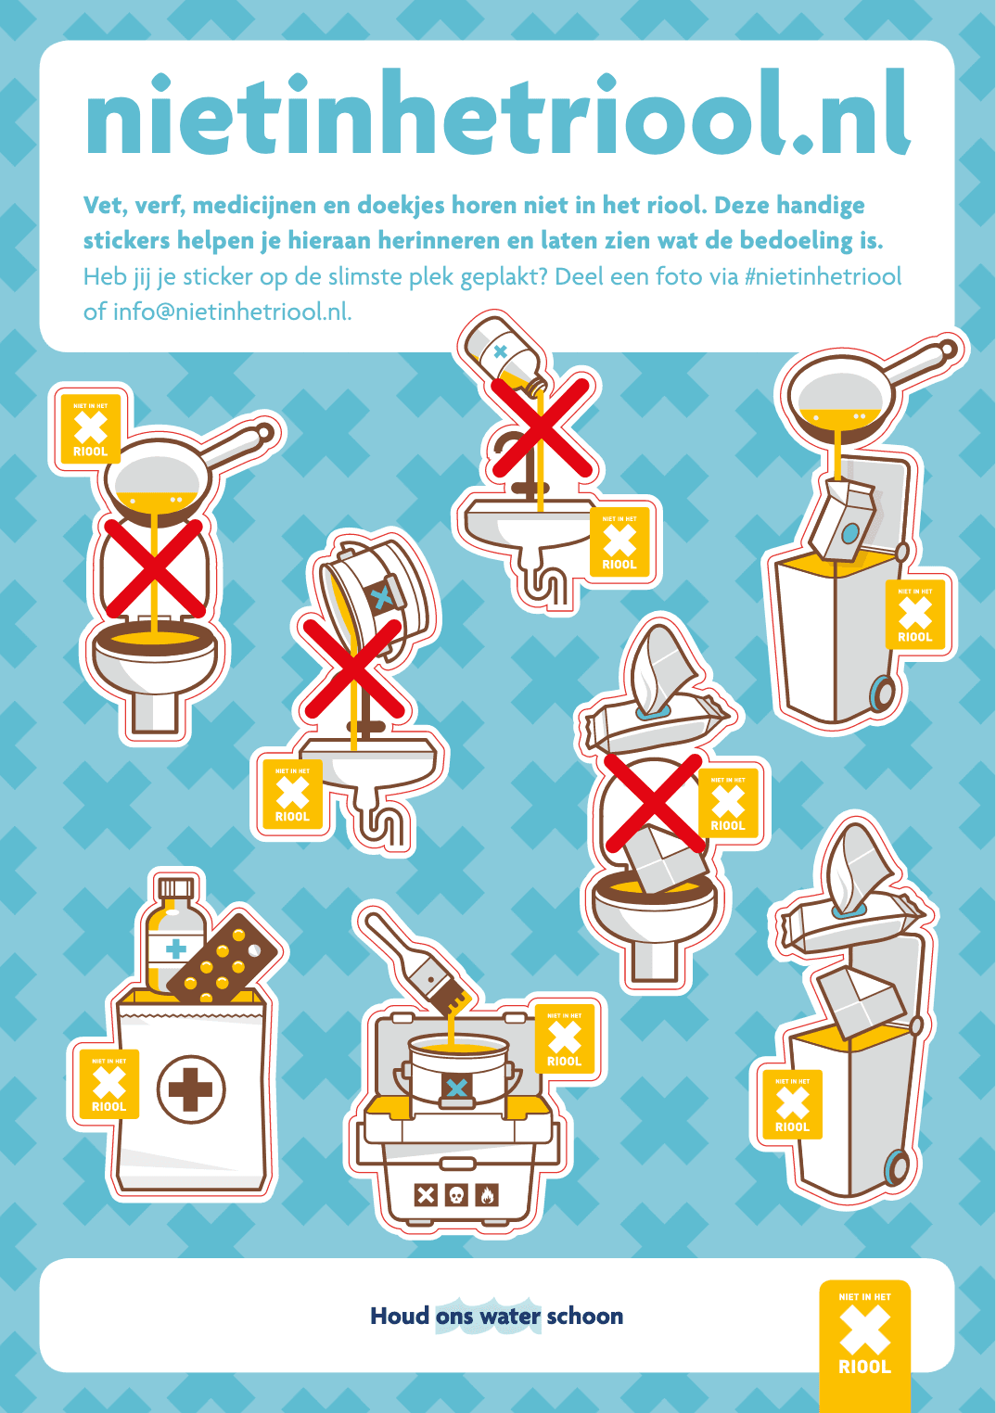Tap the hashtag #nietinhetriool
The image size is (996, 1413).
pyautogui.click(x=823, y=276)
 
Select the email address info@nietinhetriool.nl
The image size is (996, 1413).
pyautogui.click(x=231, y=312)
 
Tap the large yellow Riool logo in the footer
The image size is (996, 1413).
pyautogui.click(x=864, y=1335)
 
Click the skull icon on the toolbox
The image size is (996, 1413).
pyautogui.click(x=455, y=1195)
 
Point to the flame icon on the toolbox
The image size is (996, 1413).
pyautogui.click(x=487, y=1195)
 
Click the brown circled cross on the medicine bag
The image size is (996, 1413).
pyautogui.click(x=191, y=1089)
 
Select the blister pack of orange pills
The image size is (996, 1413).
pyautogui.click(x=225, y=959)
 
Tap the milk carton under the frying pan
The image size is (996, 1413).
pyautogui.click(x=841, y=521)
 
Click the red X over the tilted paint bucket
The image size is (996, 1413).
pyautogui.click(x=352, y=669)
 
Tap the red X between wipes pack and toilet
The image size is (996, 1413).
pyautogui.click(x=654, y=804)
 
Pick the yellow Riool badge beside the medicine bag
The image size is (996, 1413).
pyautogui.click(x=109, y=1084)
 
